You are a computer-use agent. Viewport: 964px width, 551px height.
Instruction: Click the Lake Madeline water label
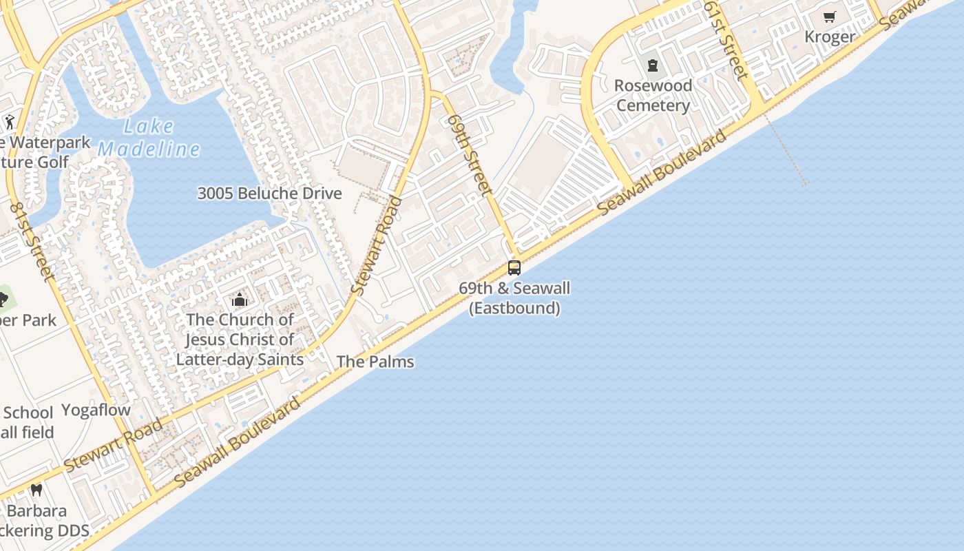(149, 138)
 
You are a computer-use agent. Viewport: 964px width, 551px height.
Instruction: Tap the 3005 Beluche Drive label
(269, 194)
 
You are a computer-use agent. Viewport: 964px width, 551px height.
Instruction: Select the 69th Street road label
(469, 153)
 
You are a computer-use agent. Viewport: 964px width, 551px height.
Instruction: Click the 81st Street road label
(32, 242)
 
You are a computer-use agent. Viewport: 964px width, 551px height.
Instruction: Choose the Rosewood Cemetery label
(653, 96)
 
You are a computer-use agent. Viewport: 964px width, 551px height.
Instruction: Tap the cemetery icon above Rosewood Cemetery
(653, 66)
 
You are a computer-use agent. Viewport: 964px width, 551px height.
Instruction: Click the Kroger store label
(830, 37)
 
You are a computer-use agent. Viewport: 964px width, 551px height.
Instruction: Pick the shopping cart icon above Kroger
(830, 17)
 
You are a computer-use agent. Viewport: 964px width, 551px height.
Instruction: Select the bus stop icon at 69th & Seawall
(514, 268)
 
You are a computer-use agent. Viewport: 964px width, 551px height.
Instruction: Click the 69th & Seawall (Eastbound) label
(514, 298)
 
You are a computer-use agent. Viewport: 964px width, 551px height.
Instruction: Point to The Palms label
(375, 362)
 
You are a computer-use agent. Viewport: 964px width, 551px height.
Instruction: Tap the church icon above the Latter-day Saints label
(240, 300)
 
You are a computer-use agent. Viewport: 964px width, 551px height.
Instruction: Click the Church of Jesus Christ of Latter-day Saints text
(240, 340)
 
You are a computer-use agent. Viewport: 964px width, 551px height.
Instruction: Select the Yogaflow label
(96, 410)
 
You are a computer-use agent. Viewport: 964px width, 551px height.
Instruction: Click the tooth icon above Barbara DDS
(36, 490)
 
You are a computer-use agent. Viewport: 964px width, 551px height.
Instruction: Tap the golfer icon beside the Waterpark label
(9, 123)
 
